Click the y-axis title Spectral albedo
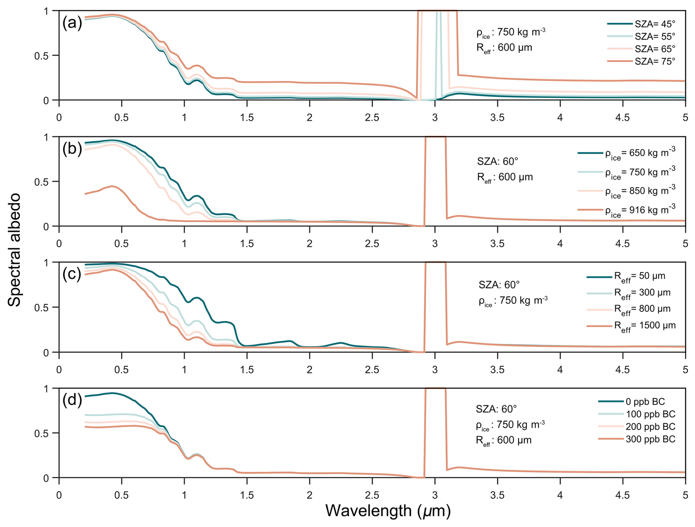click(15, 250)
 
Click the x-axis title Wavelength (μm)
click(388, 511)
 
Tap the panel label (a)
click(72, 23)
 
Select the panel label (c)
click(72, 274)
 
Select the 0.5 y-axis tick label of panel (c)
click(41, 308)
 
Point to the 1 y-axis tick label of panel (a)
click(46, 11)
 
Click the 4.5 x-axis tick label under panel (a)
click(622, 118)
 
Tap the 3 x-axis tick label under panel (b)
click(435, 244)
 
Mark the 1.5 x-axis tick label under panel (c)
click(247, 369)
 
